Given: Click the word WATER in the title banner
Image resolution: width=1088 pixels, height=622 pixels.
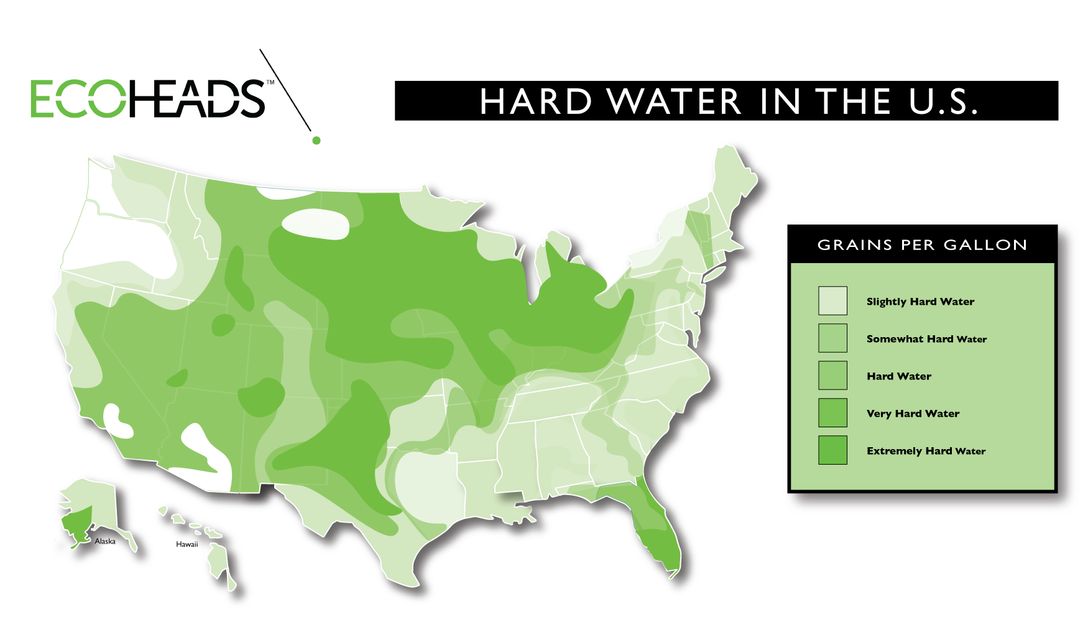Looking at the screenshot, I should tap(675, 101).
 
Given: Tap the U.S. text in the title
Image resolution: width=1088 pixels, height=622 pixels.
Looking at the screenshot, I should tap(943, 101).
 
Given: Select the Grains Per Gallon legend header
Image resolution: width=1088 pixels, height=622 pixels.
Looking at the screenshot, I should tap(922, 245).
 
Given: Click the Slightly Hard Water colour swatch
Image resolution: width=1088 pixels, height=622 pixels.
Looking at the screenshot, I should tap(832, 301).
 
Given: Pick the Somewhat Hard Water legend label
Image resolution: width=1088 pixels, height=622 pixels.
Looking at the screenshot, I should tap(926, 339).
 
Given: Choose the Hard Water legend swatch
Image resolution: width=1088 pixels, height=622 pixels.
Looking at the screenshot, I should tap(832, 376).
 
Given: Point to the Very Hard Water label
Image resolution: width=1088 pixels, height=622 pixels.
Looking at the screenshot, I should tap(913, 414).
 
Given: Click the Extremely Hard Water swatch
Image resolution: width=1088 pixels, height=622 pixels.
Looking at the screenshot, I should tap(832, 450).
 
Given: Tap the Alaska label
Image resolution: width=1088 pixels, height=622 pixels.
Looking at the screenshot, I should tap(105, 541).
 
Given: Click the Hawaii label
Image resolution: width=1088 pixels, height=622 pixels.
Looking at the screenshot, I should tap(187, 544).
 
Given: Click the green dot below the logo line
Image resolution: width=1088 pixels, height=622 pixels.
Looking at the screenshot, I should tap(316, 141).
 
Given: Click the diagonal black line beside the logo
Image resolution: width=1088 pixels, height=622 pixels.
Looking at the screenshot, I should tap(285, 90).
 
